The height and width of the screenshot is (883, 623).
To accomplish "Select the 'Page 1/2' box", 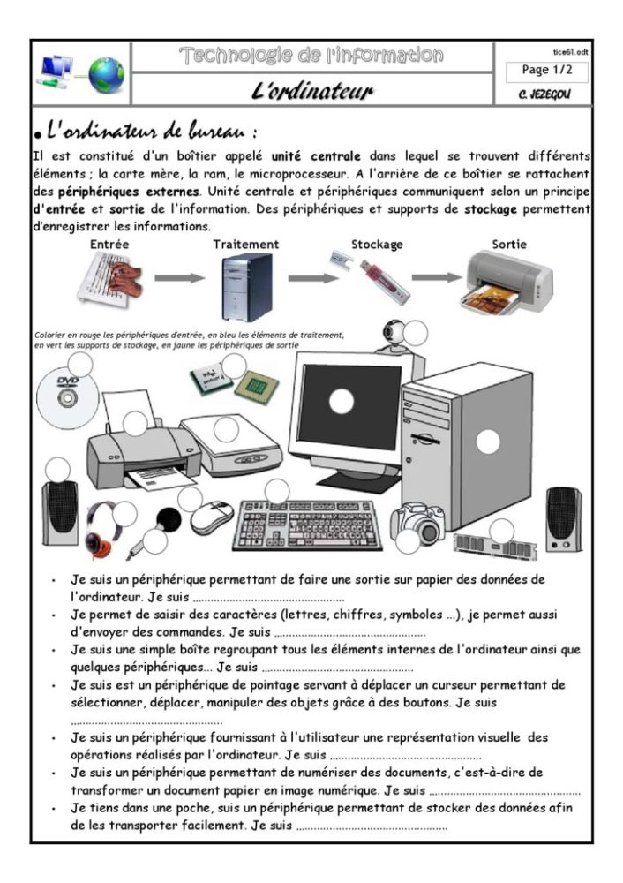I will click(x=547, y=71).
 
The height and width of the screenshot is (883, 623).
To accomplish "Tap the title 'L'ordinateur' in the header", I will click(x=312, y=92).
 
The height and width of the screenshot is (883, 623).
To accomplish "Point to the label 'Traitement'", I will click(x=246, y=244).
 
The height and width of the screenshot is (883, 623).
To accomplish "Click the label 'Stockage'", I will click(x=377, y=244).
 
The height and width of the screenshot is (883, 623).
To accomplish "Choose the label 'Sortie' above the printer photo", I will click(x=508, y=244).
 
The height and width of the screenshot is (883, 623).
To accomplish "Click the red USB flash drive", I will click(x=385, y=278).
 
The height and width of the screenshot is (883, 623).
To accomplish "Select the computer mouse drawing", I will click(x=212, y=517).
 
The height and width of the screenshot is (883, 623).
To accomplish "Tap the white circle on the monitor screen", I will click(x=341, y=402).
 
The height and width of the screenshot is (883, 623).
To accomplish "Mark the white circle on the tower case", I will click(x=488, y=441).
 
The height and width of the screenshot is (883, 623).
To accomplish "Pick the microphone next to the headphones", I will click(x=151, y=531).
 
